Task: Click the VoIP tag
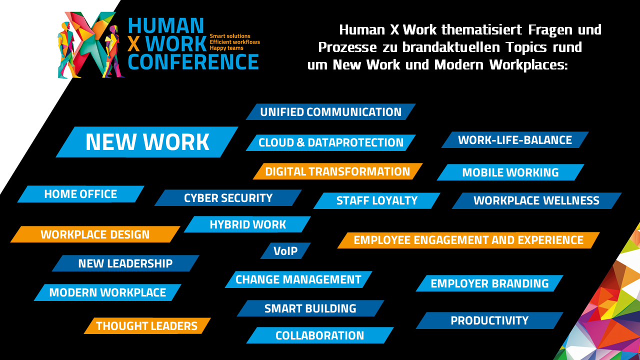pyautogui.click(x=285, y=251)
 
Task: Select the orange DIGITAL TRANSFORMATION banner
pyautogui.click(x=337, y=171)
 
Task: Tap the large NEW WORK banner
pyautogui.click(x=147, y=142)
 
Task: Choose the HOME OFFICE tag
pyautogui.click(x=81, y=194)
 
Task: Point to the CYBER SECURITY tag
pyautogui.click(x=228, y=197)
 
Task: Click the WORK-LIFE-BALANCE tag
pyautogui.click(x=515, y=140)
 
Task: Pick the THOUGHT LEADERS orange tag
pyautogui.click(x=147, y=325)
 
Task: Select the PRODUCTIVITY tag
pyautogui.click(x=489, y=320)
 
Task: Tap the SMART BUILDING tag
pyautogui.click(x=310, y=308)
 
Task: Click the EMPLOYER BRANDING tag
pyautogui.click(x=489, y=283)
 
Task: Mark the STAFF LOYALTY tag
pyautogui.click(x=377, y=200)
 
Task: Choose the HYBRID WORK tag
pyautogui.click(x=247, y=224)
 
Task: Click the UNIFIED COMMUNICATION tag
pyautogui.click(x=331, y=111)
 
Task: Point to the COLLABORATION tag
pyautogui.click(x=320, y=335)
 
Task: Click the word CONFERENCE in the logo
pyautogui.click(x=193, y=62)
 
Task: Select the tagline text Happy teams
pyautogui.click(x=226, y=48)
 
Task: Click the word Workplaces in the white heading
pyautogui.click(x=528, y=65)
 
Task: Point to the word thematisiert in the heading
pyautogui.click(x=481, y=29)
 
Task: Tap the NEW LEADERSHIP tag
pyautogui.click(x=125, y=263)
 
